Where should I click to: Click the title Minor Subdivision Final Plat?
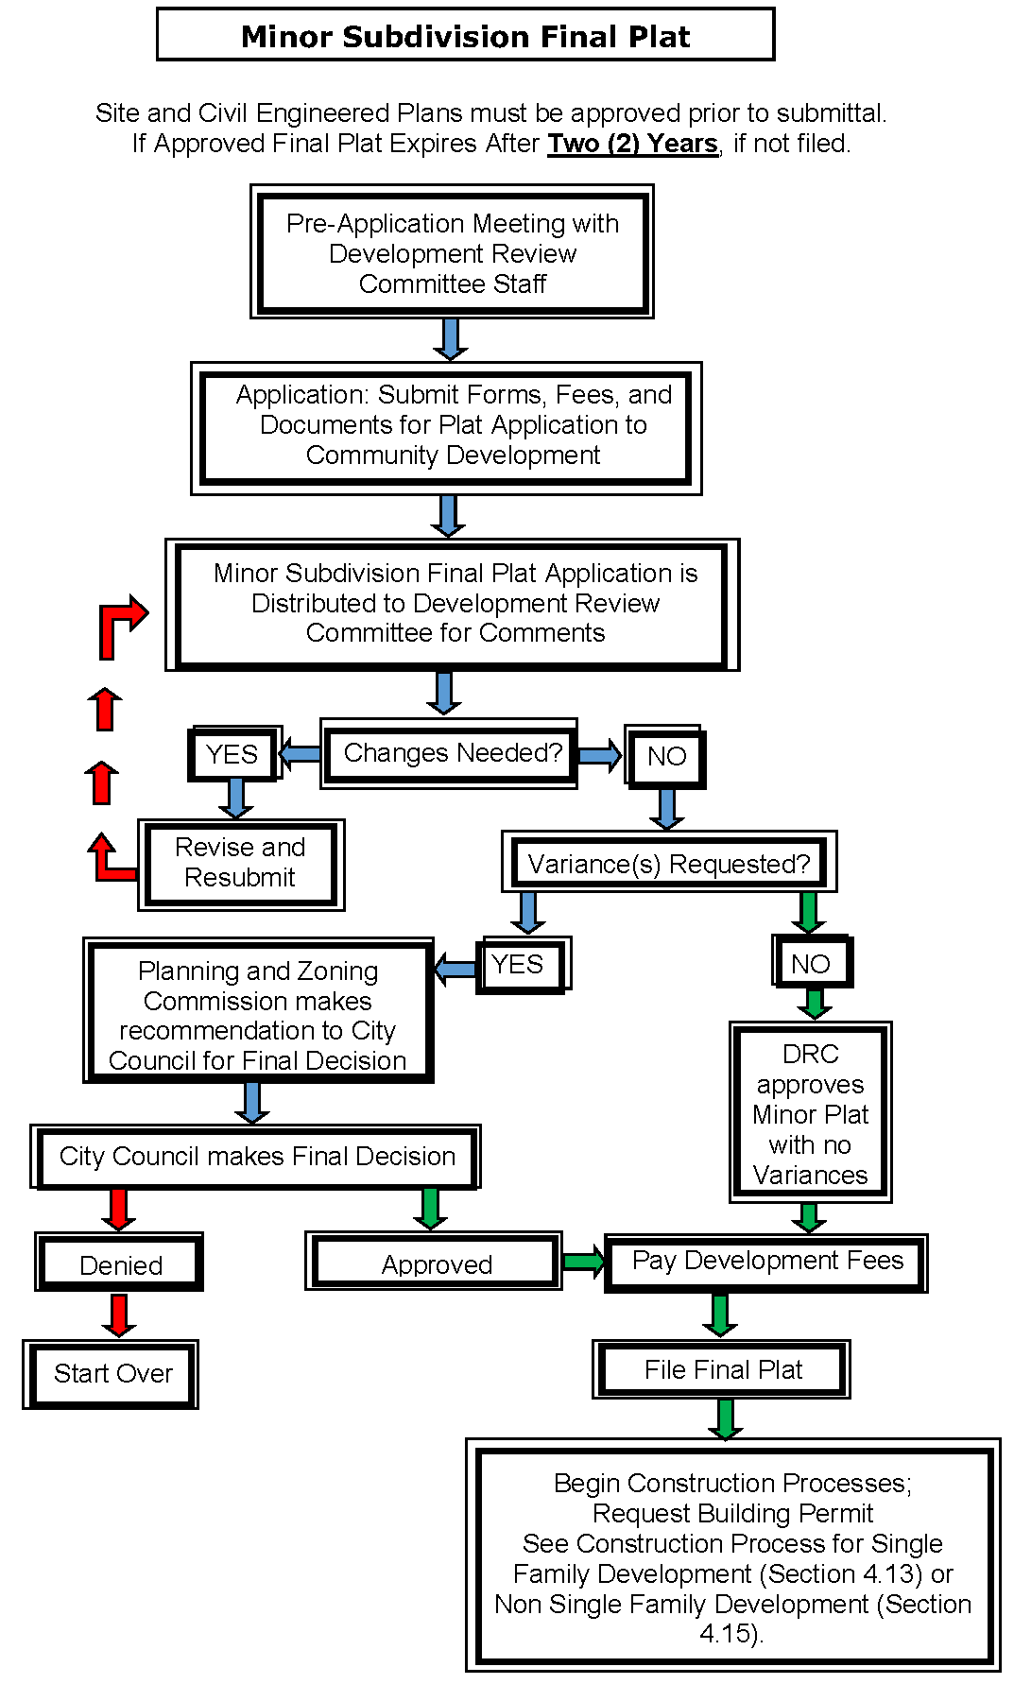click(465, 36)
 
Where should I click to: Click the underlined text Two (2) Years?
click(632, 144)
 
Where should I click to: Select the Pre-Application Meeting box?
click(452, 252)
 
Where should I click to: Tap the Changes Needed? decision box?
click(450, 753)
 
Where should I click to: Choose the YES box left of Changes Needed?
click(232, 754)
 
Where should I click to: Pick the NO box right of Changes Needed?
click(666, 756)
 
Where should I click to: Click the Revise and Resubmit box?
click(240, 863)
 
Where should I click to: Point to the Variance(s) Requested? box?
click(668, 864)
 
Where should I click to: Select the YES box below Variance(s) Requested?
click(519, 965)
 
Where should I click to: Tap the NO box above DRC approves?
click(812, 963)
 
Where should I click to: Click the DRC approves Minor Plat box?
click(810, 1113)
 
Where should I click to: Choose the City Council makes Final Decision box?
click(256, 1157)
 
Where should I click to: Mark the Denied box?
click(120, 1264)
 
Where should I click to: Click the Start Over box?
click(112, 1373)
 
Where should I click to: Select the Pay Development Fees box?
click(766, 1262)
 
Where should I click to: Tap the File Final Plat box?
click(722, 1369)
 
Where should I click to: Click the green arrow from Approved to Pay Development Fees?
click(583, 1262)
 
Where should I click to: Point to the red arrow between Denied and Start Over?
click(119, 1315)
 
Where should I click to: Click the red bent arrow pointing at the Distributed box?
click(120, 625)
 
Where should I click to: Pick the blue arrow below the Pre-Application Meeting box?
click(451, 338)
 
